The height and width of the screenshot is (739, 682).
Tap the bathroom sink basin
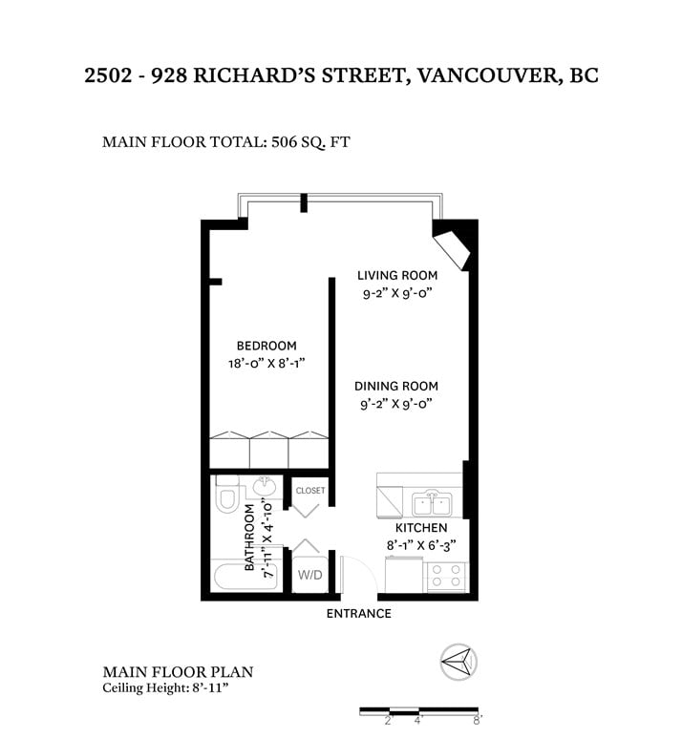point(265,486)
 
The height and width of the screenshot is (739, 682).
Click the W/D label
point(309,575)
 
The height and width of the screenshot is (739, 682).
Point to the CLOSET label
point(310,491)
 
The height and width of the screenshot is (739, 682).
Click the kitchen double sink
point(432,503)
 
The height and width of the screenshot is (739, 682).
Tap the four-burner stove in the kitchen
point(446,577)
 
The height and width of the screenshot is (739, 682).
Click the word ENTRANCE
point(359,614)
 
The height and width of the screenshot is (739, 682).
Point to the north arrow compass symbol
point(458,662)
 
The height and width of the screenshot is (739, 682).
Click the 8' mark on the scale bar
point(477,720)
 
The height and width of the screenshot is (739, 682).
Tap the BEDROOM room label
point(266,346)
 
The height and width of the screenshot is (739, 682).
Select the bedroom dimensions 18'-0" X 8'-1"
point(266,364)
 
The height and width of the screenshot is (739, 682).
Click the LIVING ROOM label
point(397,275)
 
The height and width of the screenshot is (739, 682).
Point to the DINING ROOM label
point(396,386)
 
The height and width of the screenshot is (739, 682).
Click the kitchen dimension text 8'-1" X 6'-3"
point(421,545)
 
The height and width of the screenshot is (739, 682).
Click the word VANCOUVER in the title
point(487,75)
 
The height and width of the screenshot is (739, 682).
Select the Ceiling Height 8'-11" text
point(165,687)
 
